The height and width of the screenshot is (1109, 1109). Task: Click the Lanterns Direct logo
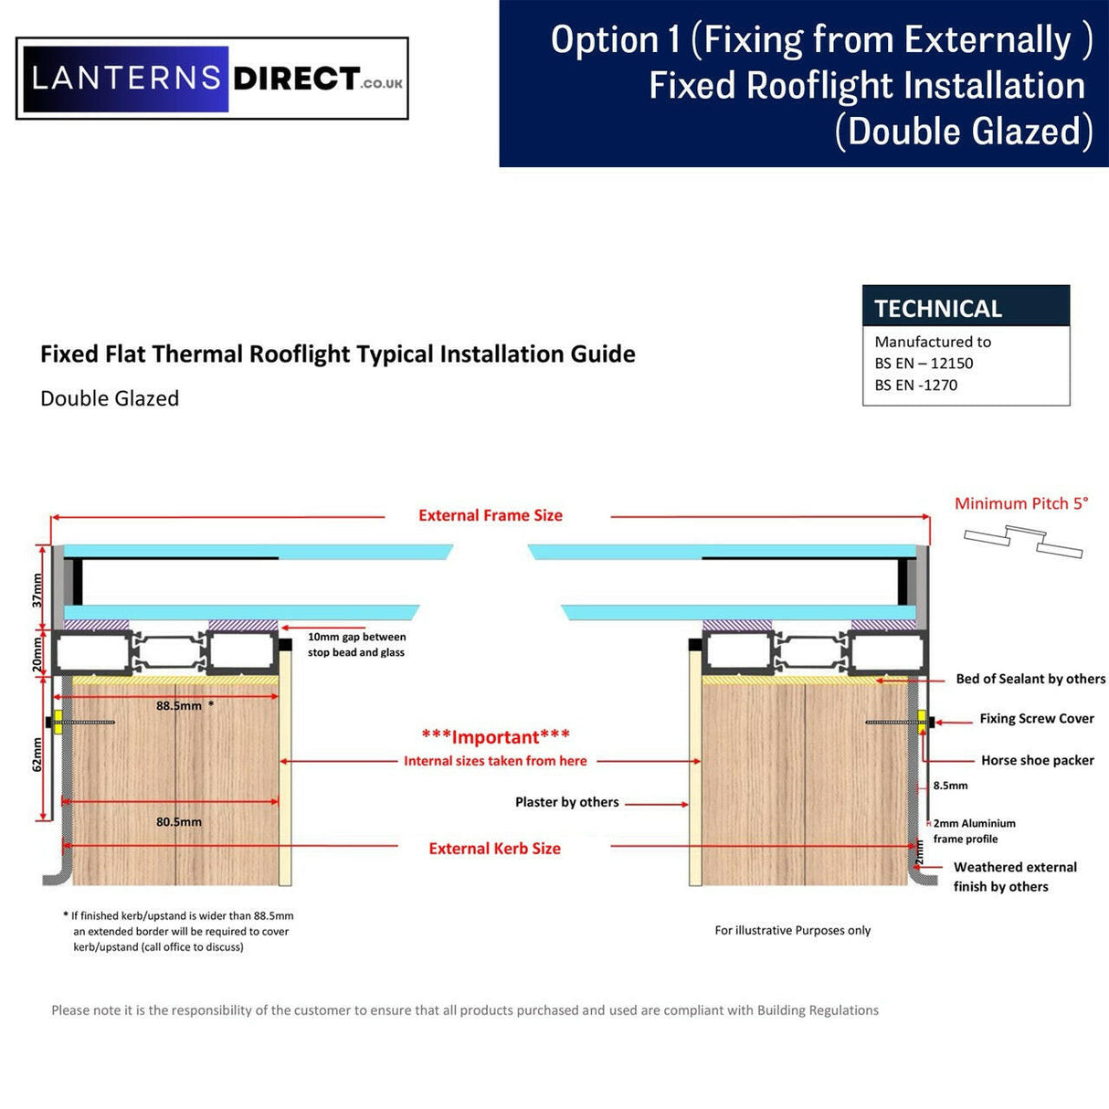212,79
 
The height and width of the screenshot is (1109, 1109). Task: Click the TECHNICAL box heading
938,309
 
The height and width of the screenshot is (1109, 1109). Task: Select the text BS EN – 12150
924,363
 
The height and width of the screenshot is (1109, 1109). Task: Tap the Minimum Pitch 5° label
1020,503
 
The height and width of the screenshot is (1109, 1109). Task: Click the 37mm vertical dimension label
37,590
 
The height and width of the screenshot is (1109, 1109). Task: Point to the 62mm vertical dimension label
37,755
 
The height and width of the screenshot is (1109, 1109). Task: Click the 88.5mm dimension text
179,706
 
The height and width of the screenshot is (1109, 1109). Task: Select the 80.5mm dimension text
179,822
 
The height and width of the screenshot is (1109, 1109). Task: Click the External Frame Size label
491,515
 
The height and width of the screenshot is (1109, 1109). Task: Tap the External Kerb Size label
494,849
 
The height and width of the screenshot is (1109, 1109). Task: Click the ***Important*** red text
495,737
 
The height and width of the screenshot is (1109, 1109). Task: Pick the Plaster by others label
566,802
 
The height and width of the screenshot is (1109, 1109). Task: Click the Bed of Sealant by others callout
1030,679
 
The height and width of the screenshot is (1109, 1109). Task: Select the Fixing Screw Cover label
1036,719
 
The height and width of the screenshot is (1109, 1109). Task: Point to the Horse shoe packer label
1037,760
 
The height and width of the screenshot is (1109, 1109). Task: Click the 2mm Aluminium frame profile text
973,831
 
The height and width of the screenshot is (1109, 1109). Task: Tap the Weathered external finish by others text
1014,877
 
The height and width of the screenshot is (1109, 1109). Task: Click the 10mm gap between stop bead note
356,645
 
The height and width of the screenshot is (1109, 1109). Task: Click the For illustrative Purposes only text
792,930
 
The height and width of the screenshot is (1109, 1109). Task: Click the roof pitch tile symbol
1023,541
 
